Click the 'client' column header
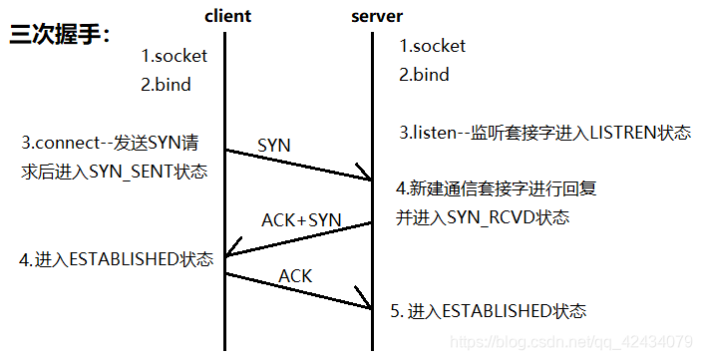228,16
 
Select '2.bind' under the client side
165,85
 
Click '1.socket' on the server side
433,46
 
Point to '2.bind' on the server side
425,75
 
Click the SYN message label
274,146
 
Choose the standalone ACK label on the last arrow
295,274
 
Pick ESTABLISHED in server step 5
495,310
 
